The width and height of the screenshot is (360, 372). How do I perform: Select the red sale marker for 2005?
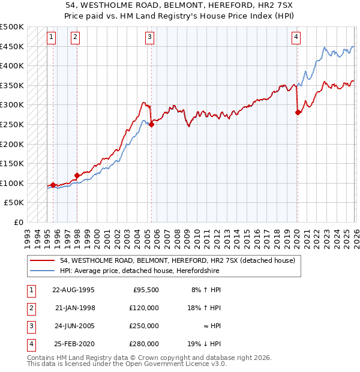click(x=151, y=125)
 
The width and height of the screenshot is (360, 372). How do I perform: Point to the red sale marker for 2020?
click(x=298, y=112)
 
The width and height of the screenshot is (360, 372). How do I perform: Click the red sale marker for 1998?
click(x=77, y=175)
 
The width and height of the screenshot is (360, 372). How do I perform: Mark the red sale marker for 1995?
click(x=53, y=185)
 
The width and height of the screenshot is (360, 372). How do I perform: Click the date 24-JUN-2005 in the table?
click(x=74, y=326)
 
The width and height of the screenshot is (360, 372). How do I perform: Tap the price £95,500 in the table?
click(x=145, y=290)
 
